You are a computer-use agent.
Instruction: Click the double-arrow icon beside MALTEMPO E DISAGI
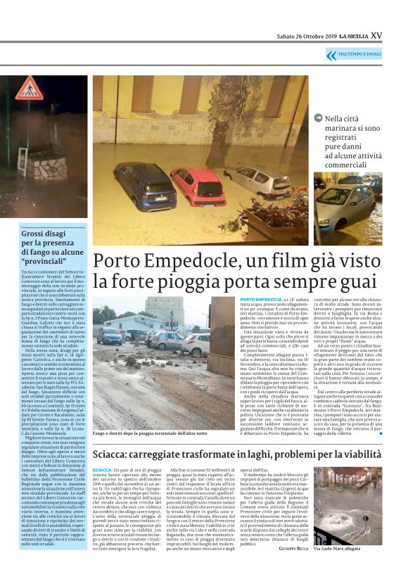(331, 55)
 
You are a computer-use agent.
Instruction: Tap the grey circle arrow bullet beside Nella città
(318, 120)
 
